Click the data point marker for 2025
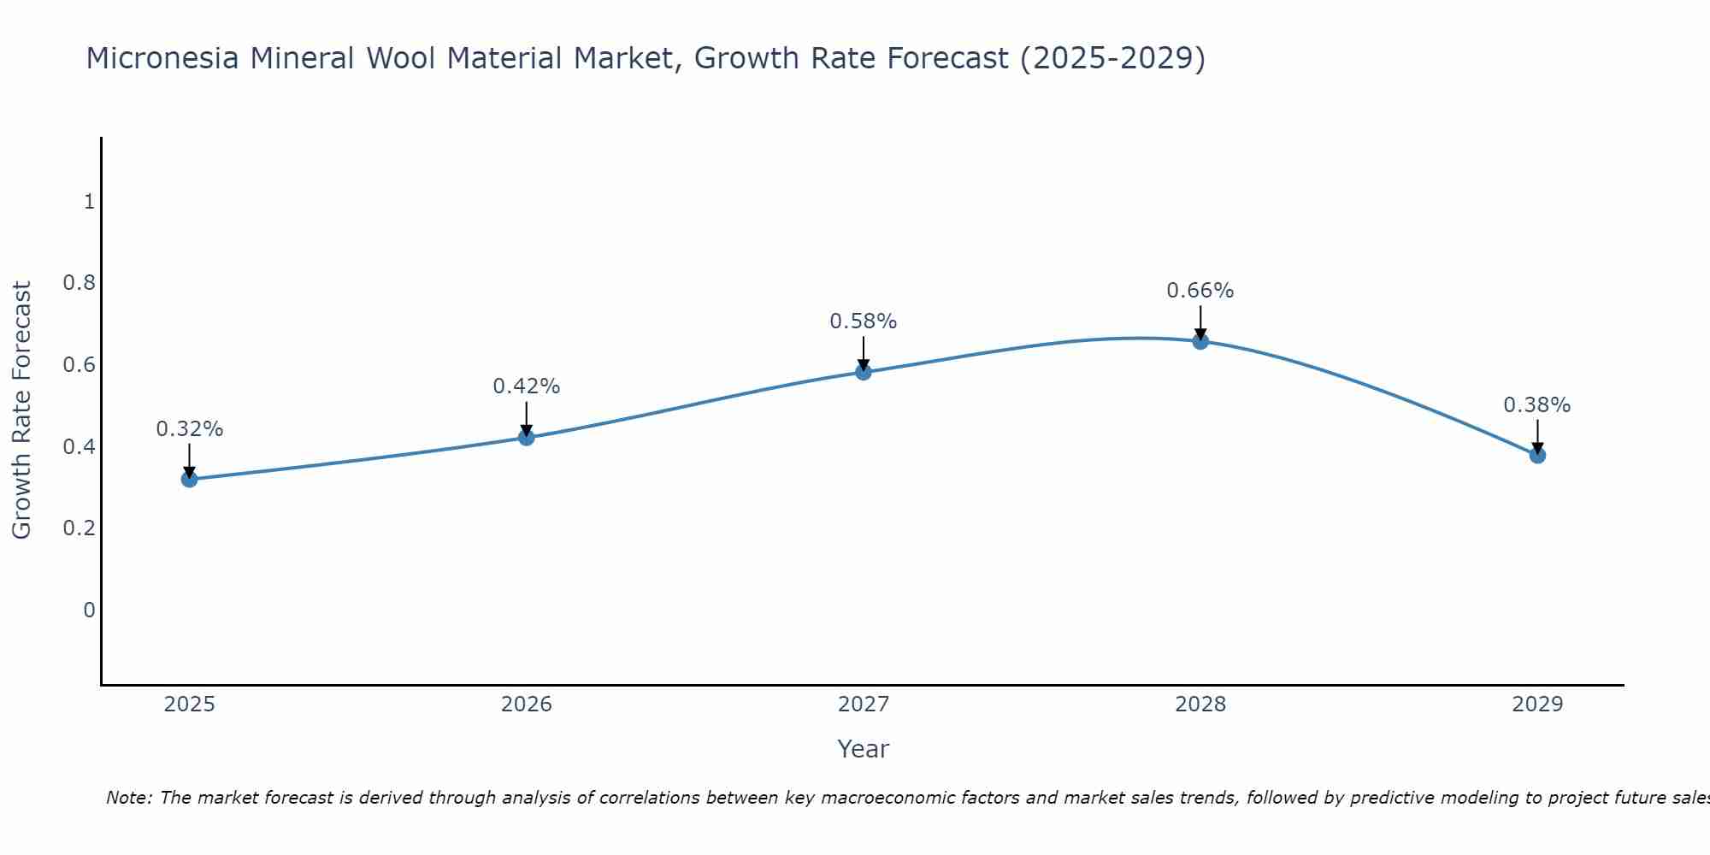189,479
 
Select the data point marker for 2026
526,438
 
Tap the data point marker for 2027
863,372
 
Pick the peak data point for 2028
1200,341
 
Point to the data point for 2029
1536,455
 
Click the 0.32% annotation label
189,429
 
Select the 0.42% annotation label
526,386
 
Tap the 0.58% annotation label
863,321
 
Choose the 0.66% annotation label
1200,291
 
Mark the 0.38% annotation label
1536,405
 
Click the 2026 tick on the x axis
526,705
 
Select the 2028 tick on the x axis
1200,705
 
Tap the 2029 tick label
1536,705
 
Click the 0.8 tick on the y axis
79,283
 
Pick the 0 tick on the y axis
89,610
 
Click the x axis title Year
863,749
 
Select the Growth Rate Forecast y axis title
22,410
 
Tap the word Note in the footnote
128,798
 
